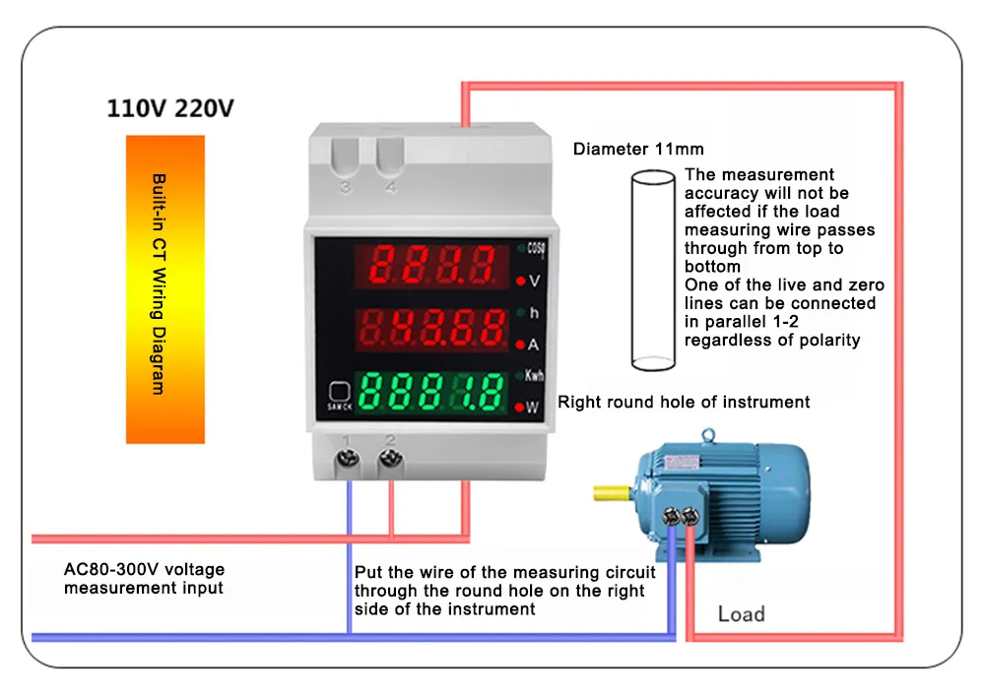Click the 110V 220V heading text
[x=170, y=108]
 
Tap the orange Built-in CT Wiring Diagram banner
[x=164, y=288]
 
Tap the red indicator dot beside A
[x=519, y=345]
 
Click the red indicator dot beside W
[x=519, y=407]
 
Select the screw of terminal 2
[x=391, y=458]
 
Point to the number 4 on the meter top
[x=391, y=188]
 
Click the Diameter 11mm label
[x=638, y=150]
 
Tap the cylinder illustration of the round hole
[x=652, y=270]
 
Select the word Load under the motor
[x=741, y=614]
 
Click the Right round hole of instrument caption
[x=684, y=402]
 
